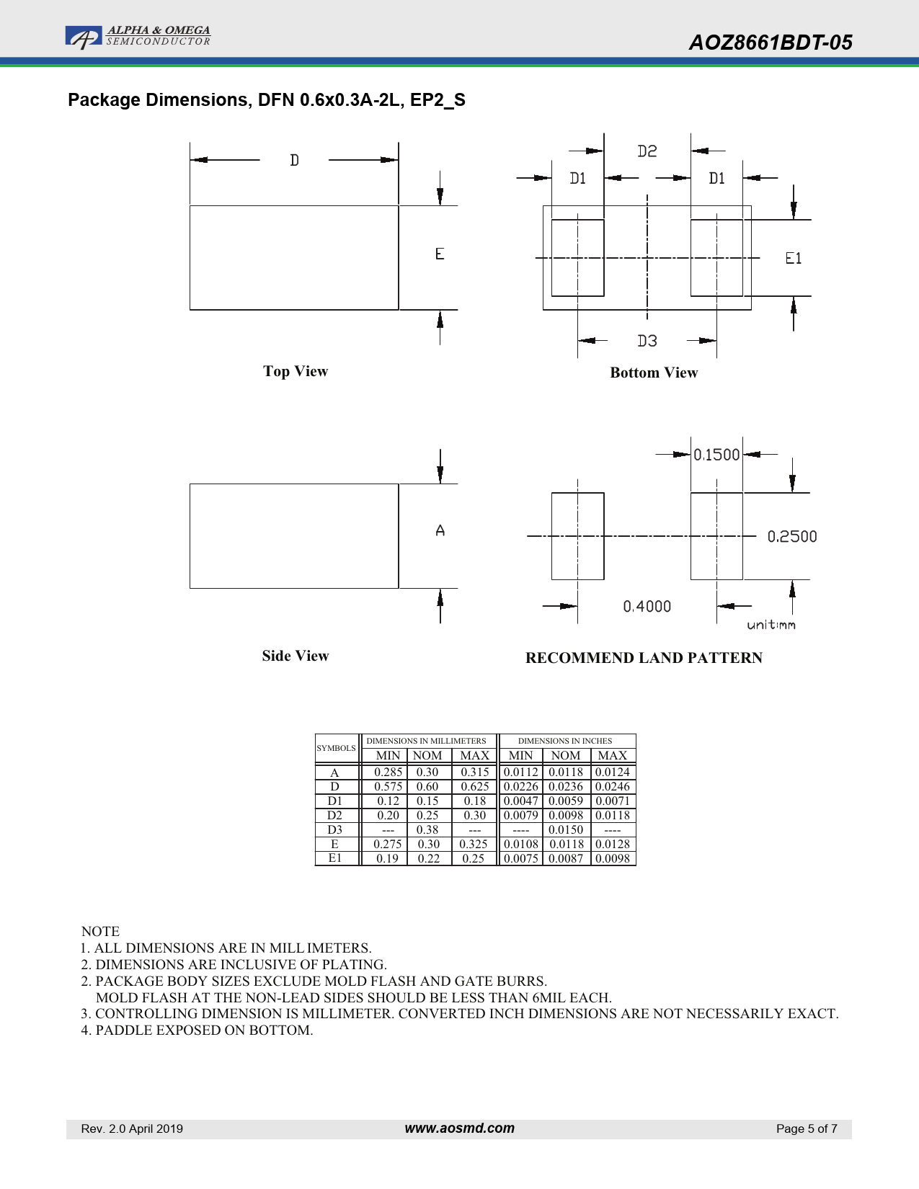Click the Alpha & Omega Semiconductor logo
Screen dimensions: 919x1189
coord(138,37)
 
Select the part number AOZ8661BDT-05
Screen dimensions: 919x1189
coord(771,43)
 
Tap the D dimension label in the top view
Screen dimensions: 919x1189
coord(295,160)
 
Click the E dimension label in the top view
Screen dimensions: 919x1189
coord(440,254)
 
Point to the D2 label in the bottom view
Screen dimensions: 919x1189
coord(647,151)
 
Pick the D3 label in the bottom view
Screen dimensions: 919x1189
coord(647,341)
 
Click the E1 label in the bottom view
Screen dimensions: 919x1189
coord(793,258)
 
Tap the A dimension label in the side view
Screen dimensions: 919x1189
coord(440,530)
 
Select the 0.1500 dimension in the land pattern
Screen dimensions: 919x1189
coord(716,455)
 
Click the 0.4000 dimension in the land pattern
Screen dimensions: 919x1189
coord(647,606)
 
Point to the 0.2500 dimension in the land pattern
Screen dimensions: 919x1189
coord(792,536)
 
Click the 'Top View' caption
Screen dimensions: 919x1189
coord(296,371)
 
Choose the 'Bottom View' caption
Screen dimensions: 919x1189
coord(654,373)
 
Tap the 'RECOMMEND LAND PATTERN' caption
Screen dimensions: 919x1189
coord(644,658)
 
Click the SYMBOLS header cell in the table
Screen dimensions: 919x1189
coord(336,748)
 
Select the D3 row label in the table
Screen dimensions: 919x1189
coord(335,829)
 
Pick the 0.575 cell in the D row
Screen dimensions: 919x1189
coord(388,786)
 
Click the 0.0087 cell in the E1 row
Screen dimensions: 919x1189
coord(566,858)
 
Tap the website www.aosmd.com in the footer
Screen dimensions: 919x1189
coord(460,1128)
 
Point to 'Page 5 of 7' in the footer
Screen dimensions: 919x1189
coord(807,1128)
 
